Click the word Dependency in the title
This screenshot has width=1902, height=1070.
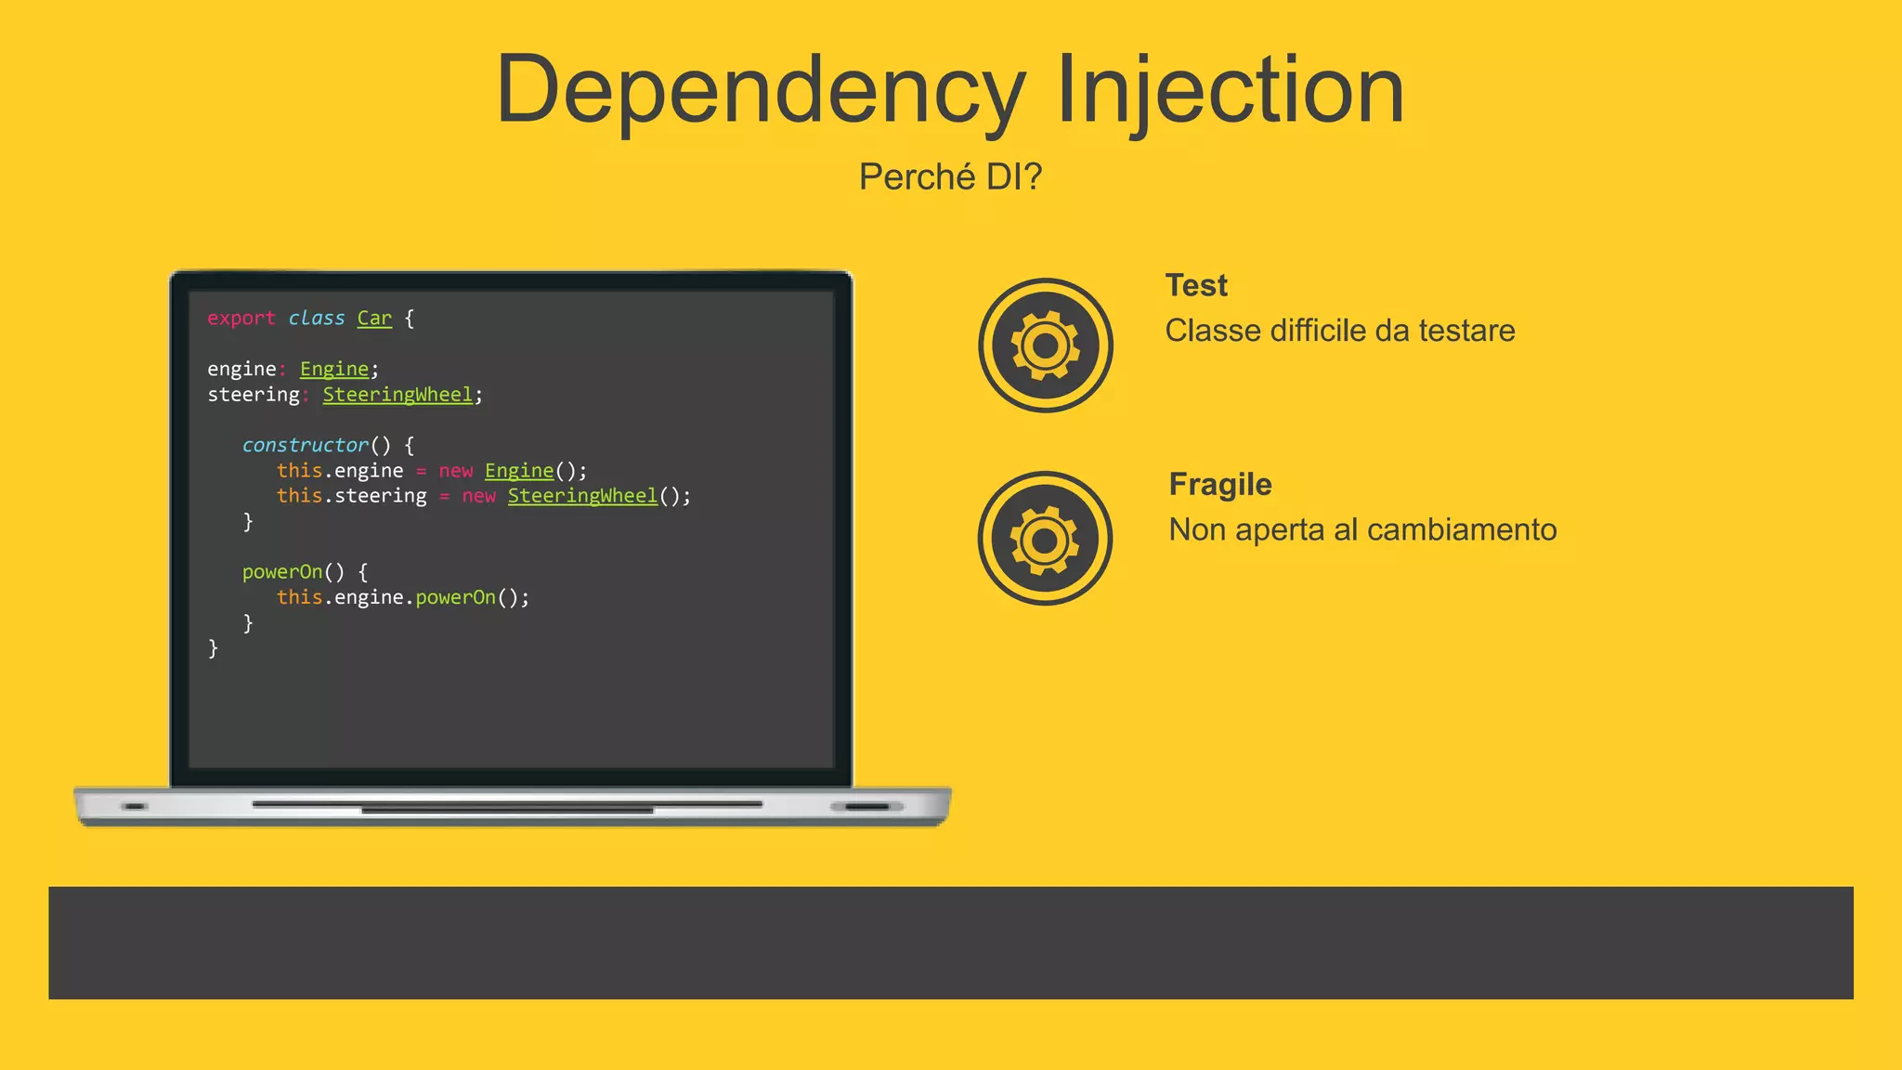point(760,91)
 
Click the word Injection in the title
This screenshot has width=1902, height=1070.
point(1230,91)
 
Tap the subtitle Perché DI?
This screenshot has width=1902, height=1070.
point(950,176)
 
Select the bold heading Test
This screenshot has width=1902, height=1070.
point(1196,285)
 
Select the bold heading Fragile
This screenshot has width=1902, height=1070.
point(1220,484)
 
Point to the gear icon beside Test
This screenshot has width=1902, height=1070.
point(1046,346)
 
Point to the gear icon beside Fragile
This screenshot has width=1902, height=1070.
point(1045,539)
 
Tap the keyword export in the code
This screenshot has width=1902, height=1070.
point(241,318)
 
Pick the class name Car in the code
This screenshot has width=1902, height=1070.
point(374,318)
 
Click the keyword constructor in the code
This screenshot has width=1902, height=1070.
point(305,445)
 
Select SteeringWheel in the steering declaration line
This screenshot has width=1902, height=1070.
point(397,395)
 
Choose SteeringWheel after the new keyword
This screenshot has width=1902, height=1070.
point(582,496)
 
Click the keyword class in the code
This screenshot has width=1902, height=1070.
point(316,318)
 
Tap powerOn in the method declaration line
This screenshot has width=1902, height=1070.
point(281,572)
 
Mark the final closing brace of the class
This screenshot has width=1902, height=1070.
point(214,648)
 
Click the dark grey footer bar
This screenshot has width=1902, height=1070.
point(950,943)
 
